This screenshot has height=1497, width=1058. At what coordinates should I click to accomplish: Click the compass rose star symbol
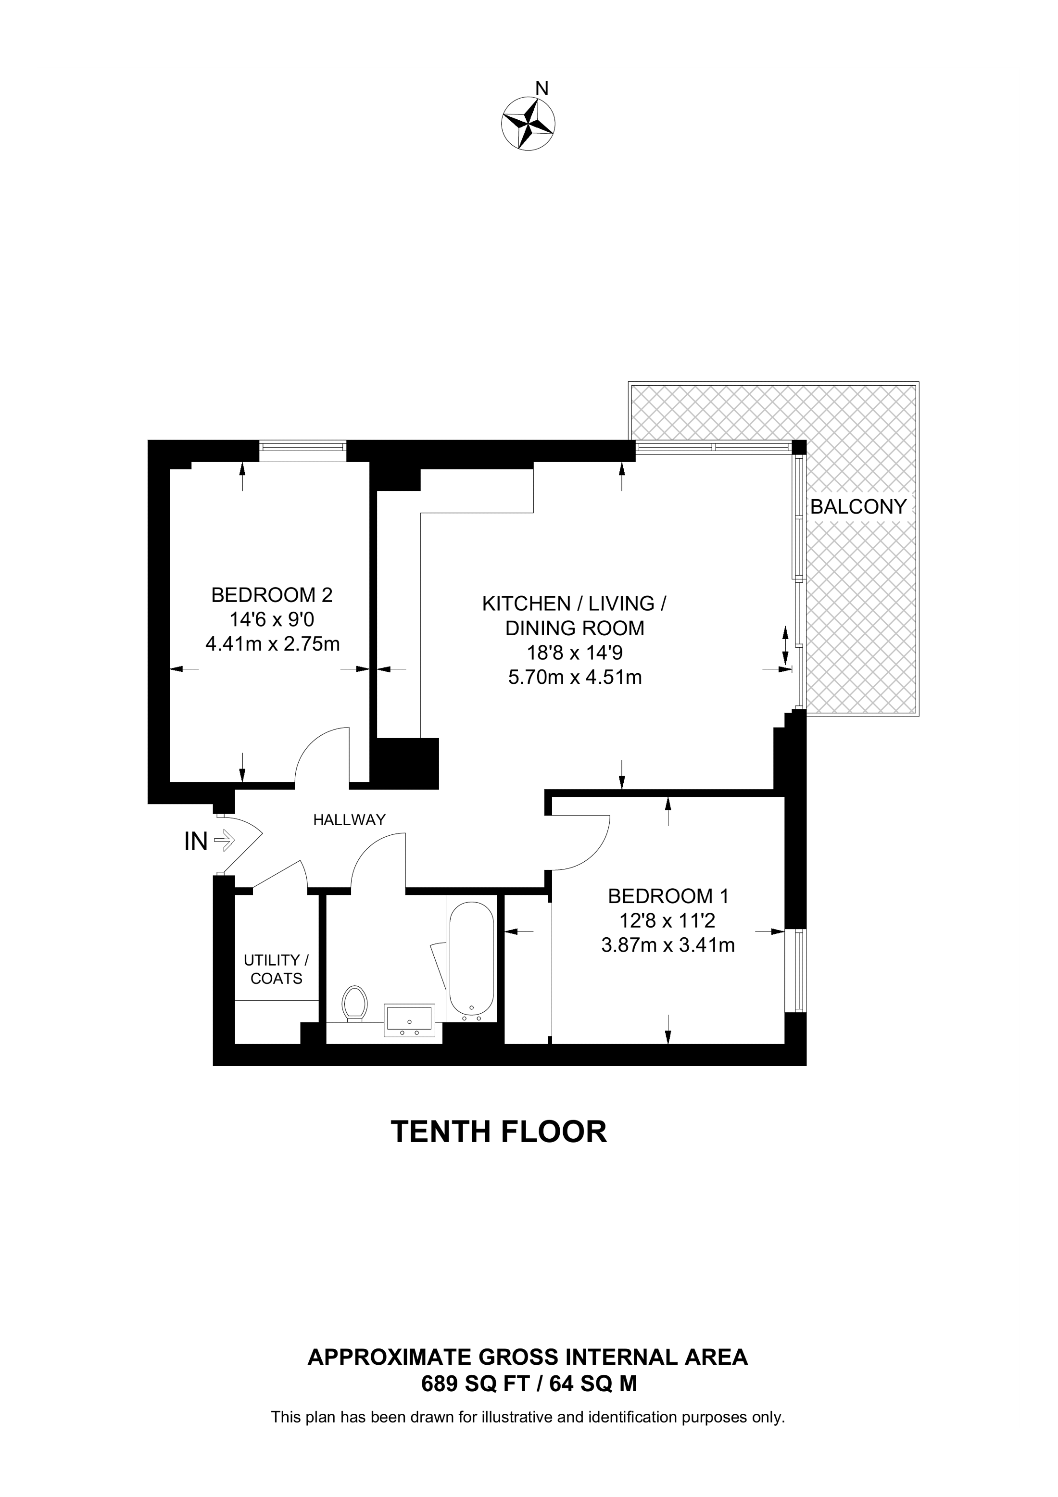pos(528,123)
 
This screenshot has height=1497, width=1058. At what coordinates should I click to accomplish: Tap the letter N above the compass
pos(542,88)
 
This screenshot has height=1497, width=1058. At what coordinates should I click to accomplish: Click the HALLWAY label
pos(350,819)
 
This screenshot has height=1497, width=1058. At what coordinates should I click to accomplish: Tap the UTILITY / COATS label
pos(277,969)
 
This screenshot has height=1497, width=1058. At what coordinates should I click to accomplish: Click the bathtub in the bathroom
pos(471,962)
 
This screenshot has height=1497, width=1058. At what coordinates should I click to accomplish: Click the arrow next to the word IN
pos(224,841)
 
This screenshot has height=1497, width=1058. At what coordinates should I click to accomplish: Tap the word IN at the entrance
pos(196,842)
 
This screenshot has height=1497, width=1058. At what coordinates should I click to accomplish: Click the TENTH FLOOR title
pos(499,1150)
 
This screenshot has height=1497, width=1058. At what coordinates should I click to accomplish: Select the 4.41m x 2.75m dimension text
pos(273,644)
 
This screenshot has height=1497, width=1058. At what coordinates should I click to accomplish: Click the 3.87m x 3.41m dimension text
pos(668,945)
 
